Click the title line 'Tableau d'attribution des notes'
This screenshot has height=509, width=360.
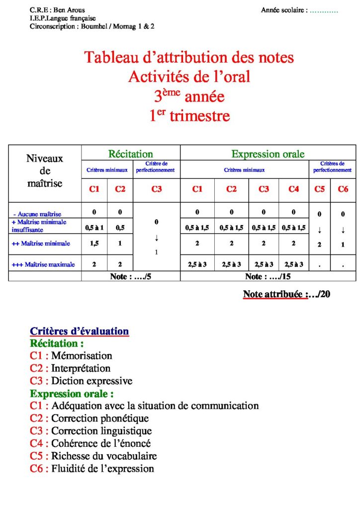click(x=189, y=58)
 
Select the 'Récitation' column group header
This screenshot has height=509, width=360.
click(x=131, y=154)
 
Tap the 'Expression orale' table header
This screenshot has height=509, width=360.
click(x=268, y=154)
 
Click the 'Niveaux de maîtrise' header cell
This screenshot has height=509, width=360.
click(x=45, y=171)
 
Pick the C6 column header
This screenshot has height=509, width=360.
click(x=343, y=189)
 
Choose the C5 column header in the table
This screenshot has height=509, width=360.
click(x=319, y=189)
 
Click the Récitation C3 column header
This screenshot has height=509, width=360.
click(x=156, y=189)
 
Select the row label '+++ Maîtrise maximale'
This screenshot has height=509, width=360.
click(x=43, y=264)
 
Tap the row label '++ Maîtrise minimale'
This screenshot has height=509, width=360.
click(x=41, y=244)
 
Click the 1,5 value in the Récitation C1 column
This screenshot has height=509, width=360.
click(x=94, y=244)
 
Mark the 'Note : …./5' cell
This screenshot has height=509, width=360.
click(x=130, y=276)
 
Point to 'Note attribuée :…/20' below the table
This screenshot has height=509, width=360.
click(x=287, y=294)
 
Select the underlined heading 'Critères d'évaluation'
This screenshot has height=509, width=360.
click(x=80, y=331)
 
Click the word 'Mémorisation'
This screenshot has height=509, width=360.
click(x=82, y=355)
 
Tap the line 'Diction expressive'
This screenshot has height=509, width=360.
click(x=91, y=381)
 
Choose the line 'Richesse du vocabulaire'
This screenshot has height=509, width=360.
click(x=104, y=456)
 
